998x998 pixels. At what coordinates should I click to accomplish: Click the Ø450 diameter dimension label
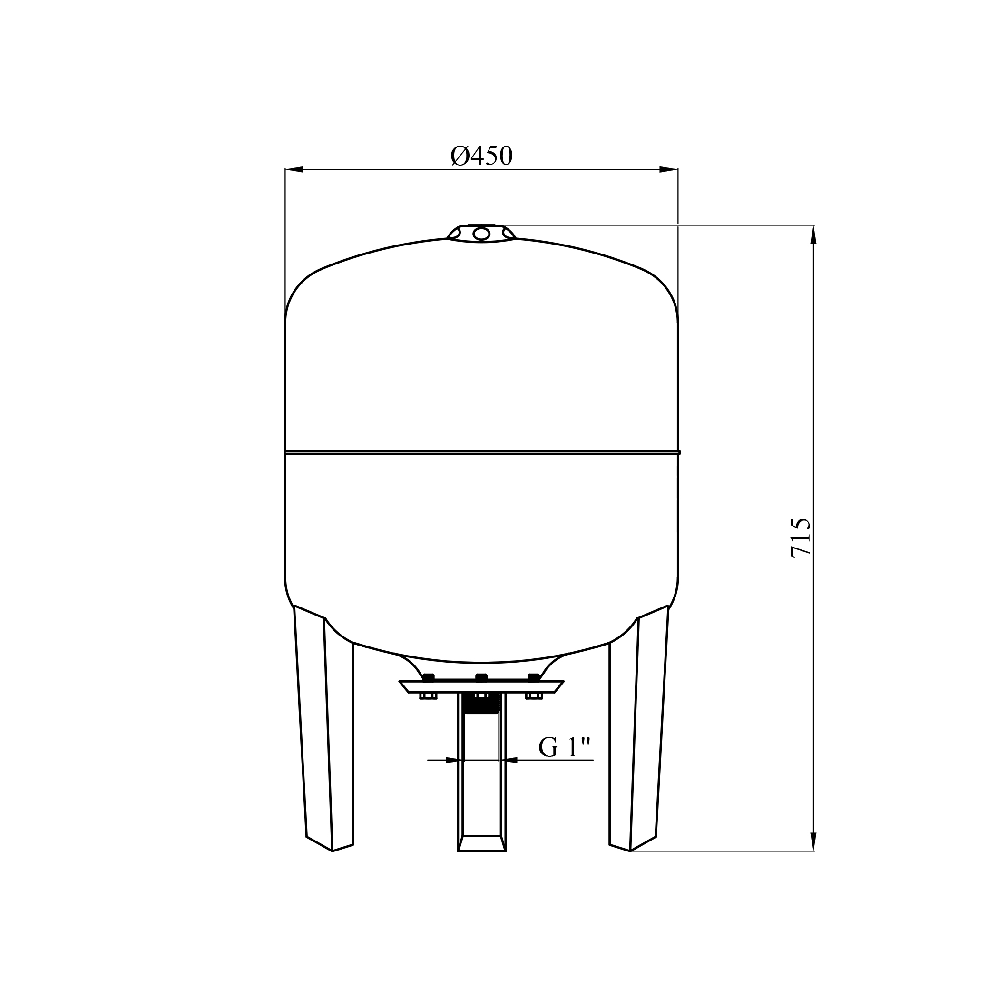[481, 156]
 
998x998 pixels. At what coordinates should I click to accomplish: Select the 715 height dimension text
[801, 538]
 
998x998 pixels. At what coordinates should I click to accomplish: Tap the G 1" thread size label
[564, 747]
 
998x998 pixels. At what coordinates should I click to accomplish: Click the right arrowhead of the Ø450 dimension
[668, 169]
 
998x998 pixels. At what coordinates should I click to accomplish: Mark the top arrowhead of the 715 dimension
[813, 235]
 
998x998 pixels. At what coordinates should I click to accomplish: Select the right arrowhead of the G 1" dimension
[509, 760]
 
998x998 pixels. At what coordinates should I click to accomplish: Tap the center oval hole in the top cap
[481, 234]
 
